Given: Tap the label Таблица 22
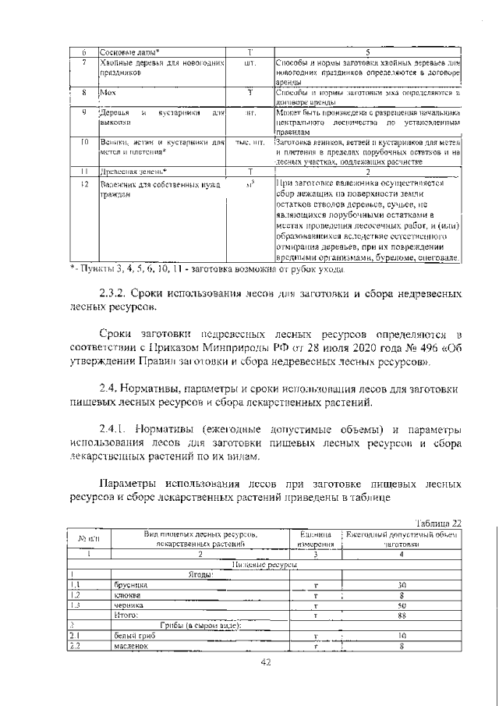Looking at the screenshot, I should point(439,523).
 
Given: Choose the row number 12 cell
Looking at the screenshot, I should point(83,183).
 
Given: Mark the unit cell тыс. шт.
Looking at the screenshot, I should point(250,143).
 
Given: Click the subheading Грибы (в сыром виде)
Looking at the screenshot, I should point(201,626).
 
